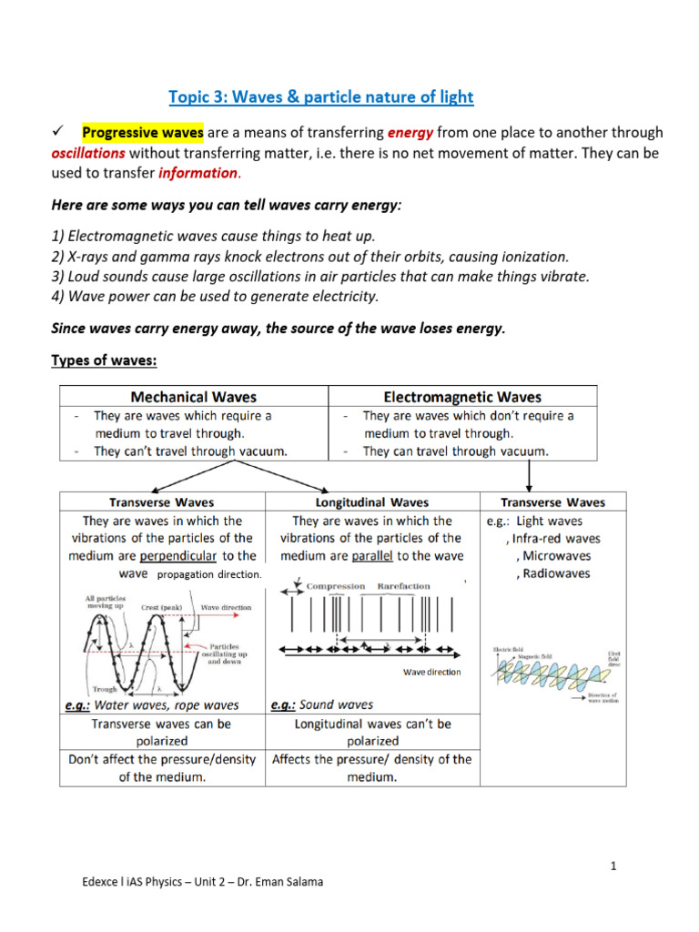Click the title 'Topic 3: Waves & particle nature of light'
[321, 96]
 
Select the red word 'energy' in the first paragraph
[413, 133]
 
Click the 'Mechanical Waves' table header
[194, 397]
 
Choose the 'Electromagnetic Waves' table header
[462, 397]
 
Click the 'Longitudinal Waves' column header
[371, 502]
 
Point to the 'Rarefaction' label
[403, 586]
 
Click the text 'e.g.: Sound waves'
[322, 704]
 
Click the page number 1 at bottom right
[614, 866]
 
